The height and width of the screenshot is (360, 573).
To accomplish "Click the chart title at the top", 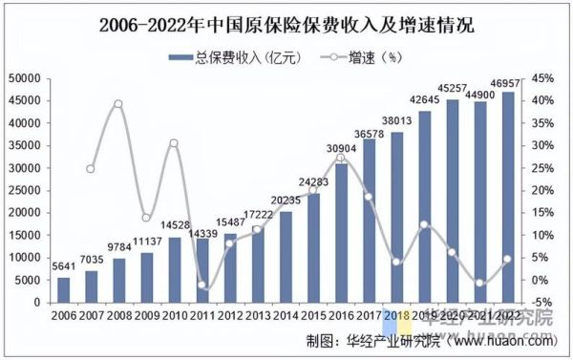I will [x=286, y=22].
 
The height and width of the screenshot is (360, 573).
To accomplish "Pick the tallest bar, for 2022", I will [x=507, y=197].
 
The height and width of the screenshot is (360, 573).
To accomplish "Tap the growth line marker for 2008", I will [x=118, y=103].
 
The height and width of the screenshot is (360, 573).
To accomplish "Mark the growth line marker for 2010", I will [x=174, y=143].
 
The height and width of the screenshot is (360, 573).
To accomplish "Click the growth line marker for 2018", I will [x=396, y=262].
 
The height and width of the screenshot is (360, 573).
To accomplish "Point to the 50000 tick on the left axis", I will [x=26, y=78].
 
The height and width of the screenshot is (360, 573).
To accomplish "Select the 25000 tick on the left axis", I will [x=26, y=190].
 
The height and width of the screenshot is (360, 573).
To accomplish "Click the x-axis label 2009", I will [x=146, y=315].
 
